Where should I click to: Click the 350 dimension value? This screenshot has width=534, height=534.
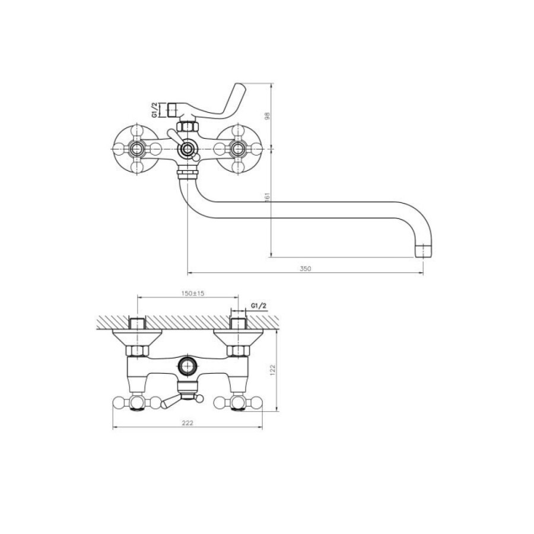(x=306, y=268)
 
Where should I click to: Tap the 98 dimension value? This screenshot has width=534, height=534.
(x=268, y=116)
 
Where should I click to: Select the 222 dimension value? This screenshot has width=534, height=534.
(x=187, y=423)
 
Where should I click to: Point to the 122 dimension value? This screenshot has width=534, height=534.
(x=272, y=370)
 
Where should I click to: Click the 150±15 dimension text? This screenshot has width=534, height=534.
(x=193, y=293)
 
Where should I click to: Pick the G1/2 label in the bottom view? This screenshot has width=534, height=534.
(x=259, y=306)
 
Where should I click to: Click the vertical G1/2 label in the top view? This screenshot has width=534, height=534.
(x=155, y=110)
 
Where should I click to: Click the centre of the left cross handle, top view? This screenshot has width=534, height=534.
(x=137, y=149)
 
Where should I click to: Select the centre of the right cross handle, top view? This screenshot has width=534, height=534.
(x=237, y=149)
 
